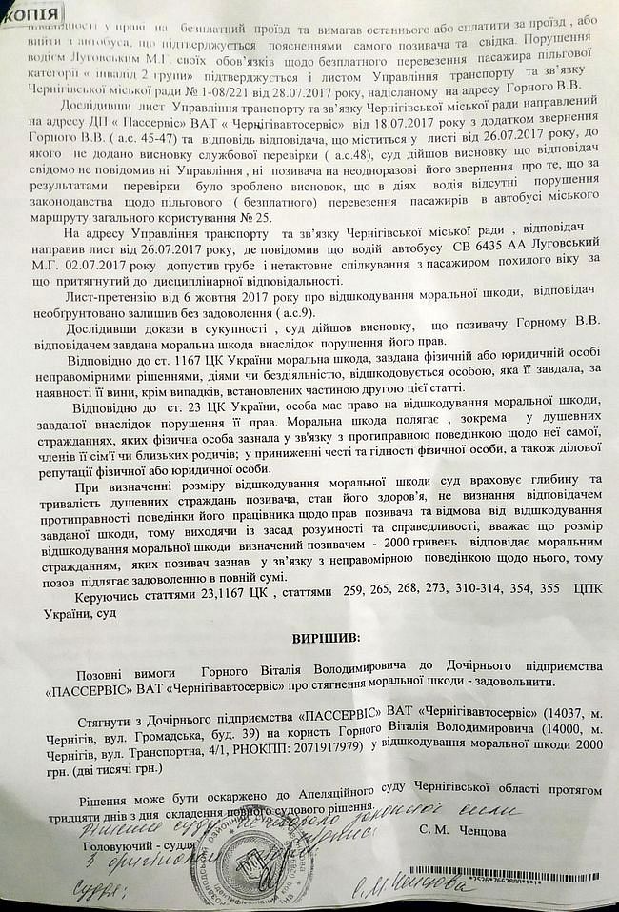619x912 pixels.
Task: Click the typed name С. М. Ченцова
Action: pos(463,830)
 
